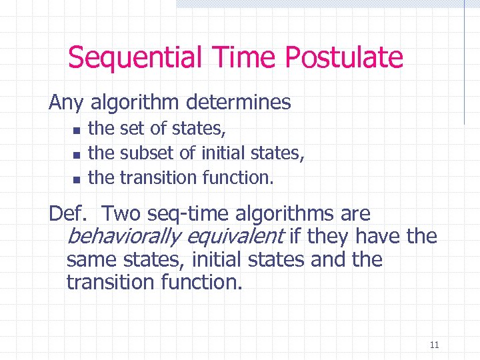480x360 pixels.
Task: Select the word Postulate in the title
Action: point(345,57)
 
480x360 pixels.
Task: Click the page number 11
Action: point(434,345)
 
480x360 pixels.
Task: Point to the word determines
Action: point(239,102)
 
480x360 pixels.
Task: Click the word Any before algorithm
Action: point(66,102)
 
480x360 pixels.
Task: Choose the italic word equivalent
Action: point(234,237)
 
